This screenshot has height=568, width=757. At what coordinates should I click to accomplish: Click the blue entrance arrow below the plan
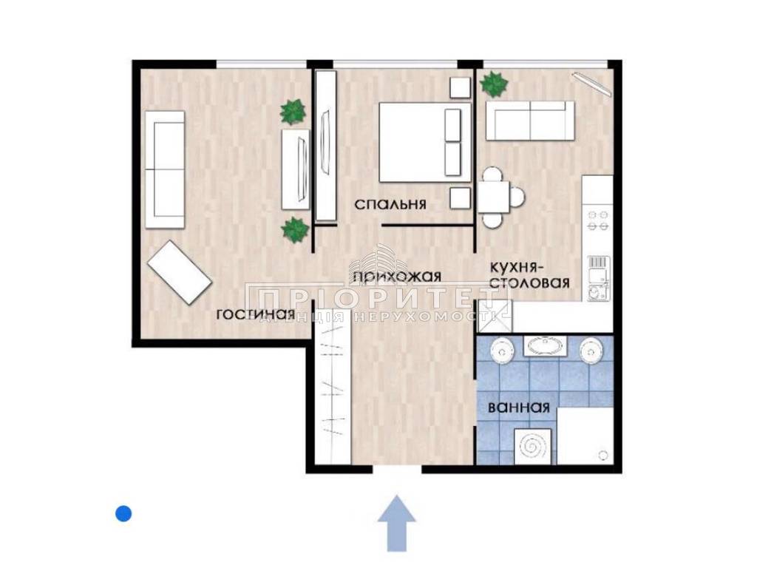pos(396,523)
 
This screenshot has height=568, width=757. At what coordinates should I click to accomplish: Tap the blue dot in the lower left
pos(123,513)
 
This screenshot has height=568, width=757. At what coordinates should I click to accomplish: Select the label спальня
pos(390,204)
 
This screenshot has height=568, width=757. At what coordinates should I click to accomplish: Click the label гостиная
pos(255,314)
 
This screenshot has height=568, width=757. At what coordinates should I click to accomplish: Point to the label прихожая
pos(397,277)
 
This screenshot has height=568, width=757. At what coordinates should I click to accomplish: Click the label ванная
pos(519,408)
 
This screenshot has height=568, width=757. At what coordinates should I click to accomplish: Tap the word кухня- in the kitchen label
pos(518,267)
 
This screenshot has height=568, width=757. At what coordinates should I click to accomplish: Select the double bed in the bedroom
pos(424,141)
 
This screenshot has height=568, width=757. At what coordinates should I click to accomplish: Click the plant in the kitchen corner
pos(494,84)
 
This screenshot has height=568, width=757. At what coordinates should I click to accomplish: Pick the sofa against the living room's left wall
pos(165,169)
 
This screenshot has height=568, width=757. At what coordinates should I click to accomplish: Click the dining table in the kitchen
pos(494,197)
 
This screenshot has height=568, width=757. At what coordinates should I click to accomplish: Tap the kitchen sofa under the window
pos(530,121)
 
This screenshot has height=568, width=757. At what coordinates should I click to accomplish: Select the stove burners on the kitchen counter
pos(597,220)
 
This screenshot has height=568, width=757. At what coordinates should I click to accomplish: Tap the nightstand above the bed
pos(460,87)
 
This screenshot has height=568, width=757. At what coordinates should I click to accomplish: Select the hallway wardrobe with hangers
pos(333,385)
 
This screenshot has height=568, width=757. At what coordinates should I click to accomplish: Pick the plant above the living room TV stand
pos(293,112)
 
